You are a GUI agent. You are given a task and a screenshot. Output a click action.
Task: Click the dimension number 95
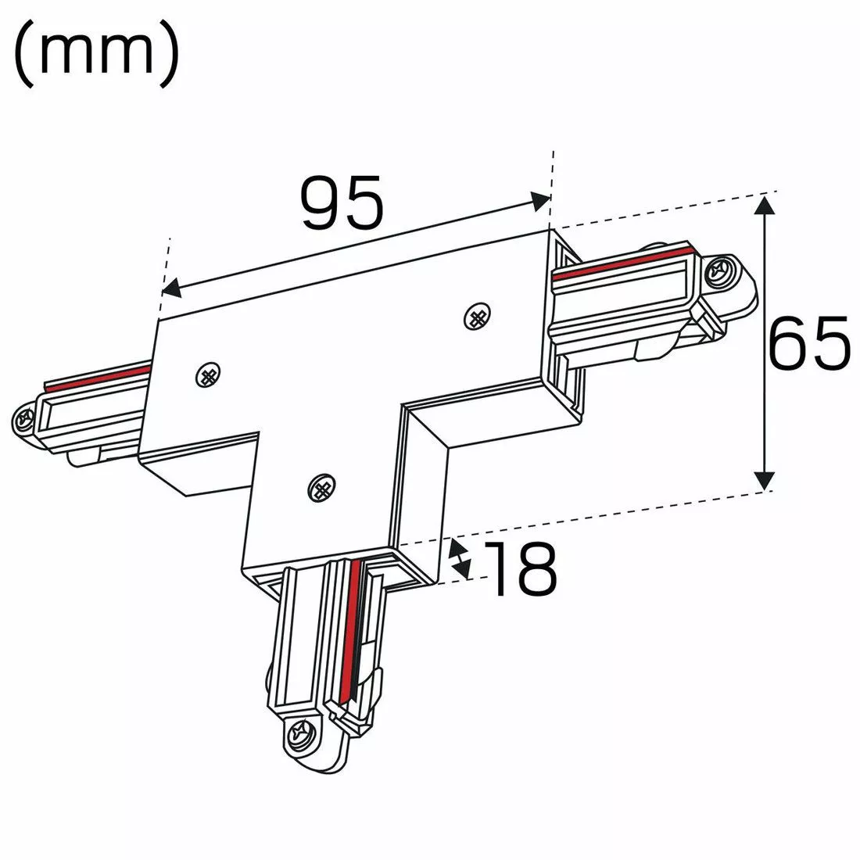click(x=342, y=203)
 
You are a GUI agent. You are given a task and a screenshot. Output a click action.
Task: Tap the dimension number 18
click(x=520, y=568)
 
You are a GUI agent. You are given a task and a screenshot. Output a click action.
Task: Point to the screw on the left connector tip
click(x=25, y=420)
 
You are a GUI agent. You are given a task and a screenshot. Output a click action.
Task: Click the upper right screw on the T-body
click(x=477, y=317)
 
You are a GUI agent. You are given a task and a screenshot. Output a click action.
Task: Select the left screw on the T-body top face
click(x=208, y=375)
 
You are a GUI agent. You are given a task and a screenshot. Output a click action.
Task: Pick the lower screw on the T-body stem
click(x=322, y=488)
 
